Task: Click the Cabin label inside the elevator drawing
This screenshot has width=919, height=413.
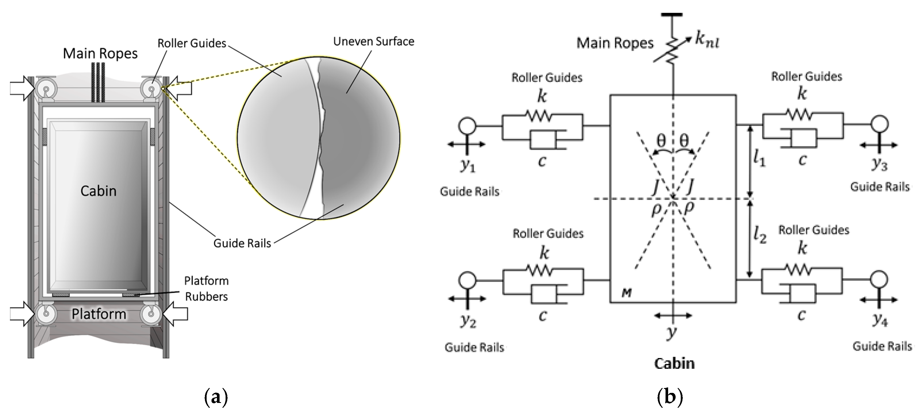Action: tap(99, 191)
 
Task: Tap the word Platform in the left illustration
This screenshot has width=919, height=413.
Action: tap(99, 314)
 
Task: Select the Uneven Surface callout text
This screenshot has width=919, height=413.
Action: tap(374, 41)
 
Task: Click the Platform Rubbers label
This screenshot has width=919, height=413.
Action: tap(206, 289)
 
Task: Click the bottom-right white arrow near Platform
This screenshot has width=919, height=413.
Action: tap(175, 314)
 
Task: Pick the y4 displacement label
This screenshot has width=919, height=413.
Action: tap(880, 320)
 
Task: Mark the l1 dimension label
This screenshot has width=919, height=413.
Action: tap(759, 159)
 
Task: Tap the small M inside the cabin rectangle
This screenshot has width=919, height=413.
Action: tap(627, 293)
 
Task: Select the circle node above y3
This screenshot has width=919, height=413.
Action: tap(879, 124)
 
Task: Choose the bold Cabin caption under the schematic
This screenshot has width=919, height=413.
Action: tap(674, 364)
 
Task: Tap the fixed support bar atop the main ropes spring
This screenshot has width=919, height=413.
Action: tap(672, 15)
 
